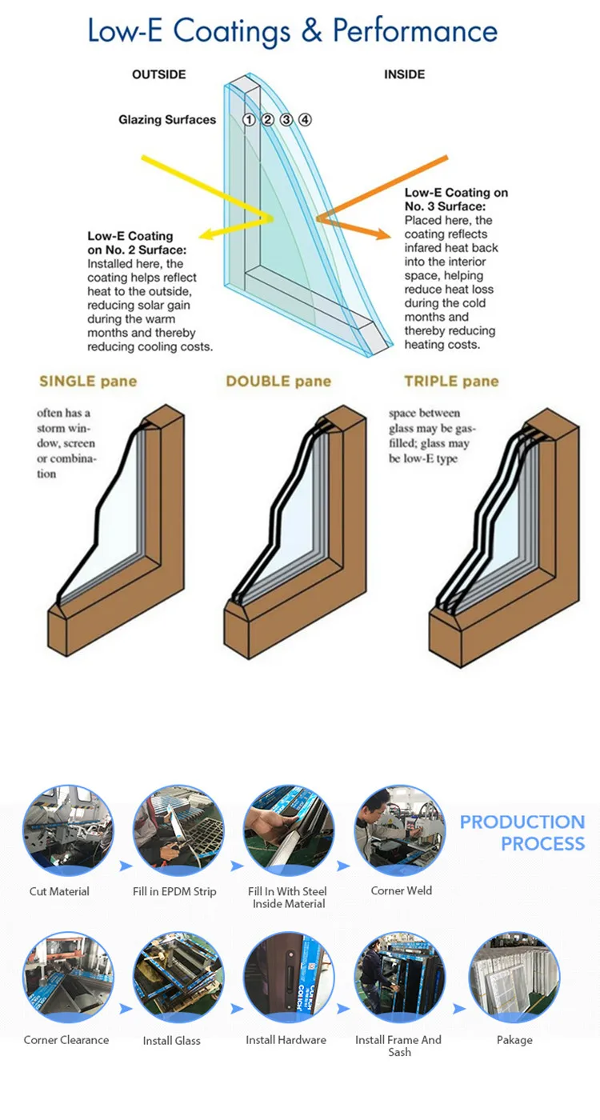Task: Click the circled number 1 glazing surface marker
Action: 249,119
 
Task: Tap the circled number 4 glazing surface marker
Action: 305,119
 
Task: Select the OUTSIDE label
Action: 159,74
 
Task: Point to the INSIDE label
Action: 405,74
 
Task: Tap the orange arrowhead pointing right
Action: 383,234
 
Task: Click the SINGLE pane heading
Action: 88,382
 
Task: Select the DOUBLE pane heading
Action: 278,382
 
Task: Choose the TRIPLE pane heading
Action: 451,382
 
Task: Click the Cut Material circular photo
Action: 68,830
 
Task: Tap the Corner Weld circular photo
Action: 399,830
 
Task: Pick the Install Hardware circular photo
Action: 289,977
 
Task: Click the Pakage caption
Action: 514,1041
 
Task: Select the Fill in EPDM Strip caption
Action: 174,891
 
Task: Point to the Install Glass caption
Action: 171,1041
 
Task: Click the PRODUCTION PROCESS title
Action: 522,833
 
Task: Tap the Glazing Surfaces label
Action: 167,120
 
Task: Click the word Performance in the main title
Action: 415,31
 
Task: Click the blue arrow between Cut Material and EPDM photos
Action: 126,866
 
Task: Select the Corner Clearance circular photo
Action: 68,977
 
